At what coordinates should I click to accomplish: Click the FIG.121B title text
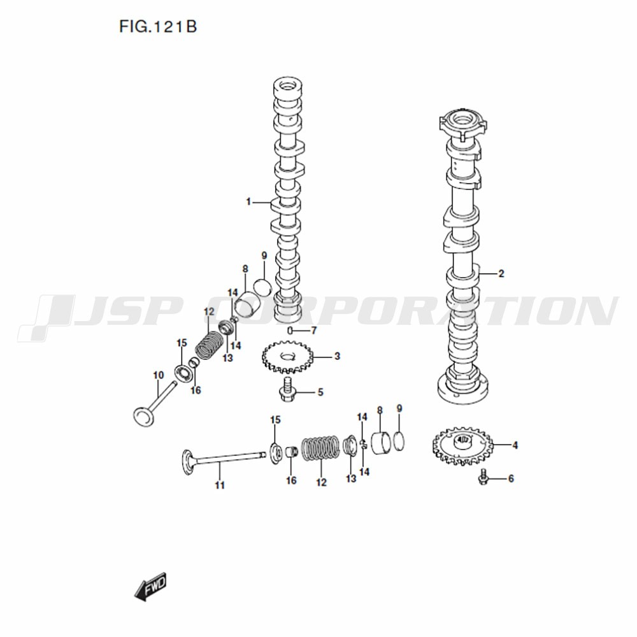tap(158, 27)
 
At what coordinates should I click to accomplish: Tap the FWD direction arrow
tap(151, 587)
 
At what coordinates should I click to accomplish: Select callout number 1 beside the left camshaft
tap(248, 201)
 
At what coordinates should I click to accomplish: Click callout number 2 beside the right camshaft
tap(501, 274)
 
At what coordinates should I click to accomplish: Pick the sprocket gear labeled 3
tap(288, 357)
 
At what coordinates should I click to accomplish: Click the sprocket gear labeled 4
tap(462, 446)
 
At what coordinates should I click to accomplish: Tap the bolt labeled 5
tap(287, 390)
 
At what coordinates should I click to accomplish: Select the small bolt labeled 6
tap(483, 476)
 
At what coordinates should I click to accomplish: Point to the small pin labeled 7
tap(290, 330)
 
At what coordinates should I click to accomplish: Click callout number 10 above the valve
tap(159, 375)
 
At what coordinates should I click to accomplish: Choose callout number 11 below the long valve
tap(220, 485)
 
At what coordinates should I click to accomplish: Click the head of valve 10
tap(143, 417)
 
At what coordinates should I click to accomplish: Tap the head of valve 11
tap(188, 462)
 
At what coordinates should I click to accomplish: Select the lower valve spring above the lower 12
tap(321, 448)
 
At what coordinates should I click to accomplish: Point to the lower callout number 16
tap(291, 480)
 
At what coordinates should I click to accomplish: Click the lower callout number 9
tap(399, 408)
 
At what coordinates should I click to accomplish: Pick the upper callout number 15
tap(182, 343)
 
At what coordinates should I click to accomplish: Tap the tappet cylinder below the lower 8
tap(381, 445)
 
